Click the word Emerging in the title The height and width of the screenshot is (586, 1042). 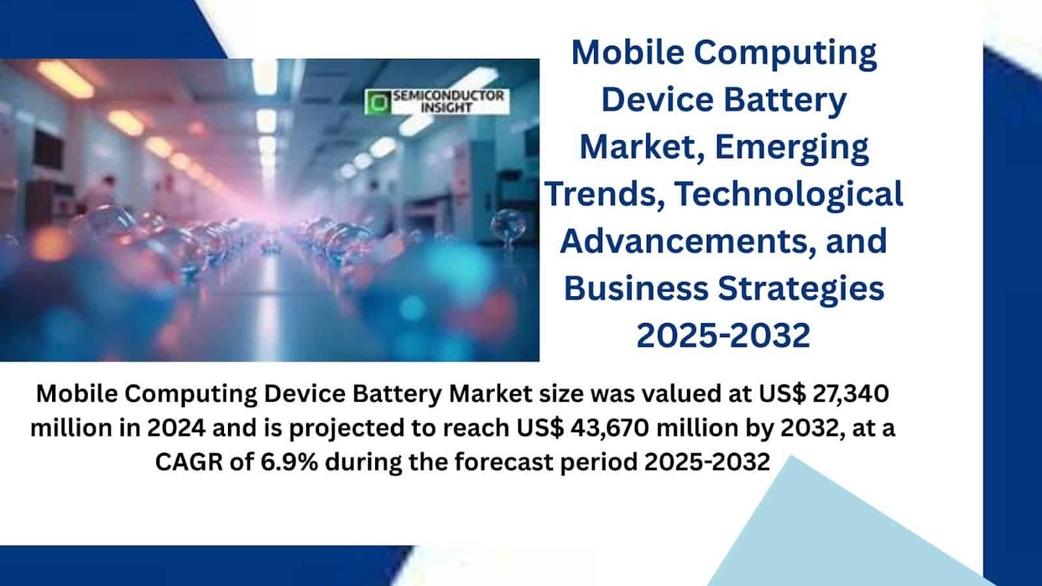[792, 147]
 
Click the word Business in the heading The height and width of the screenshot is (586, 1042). [636, 288]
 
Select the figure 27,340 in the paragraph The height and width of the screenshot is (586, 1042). [851, 393]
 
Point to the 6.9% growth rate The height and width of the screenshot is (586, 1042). [289, 462]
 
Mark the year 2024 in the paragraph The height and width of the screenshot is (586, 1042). [176, 428]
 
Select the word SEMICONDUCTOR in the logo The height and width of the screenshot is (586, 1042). [449, 96]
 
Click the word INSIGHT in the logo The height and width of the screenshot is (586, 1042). [447, 108]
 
